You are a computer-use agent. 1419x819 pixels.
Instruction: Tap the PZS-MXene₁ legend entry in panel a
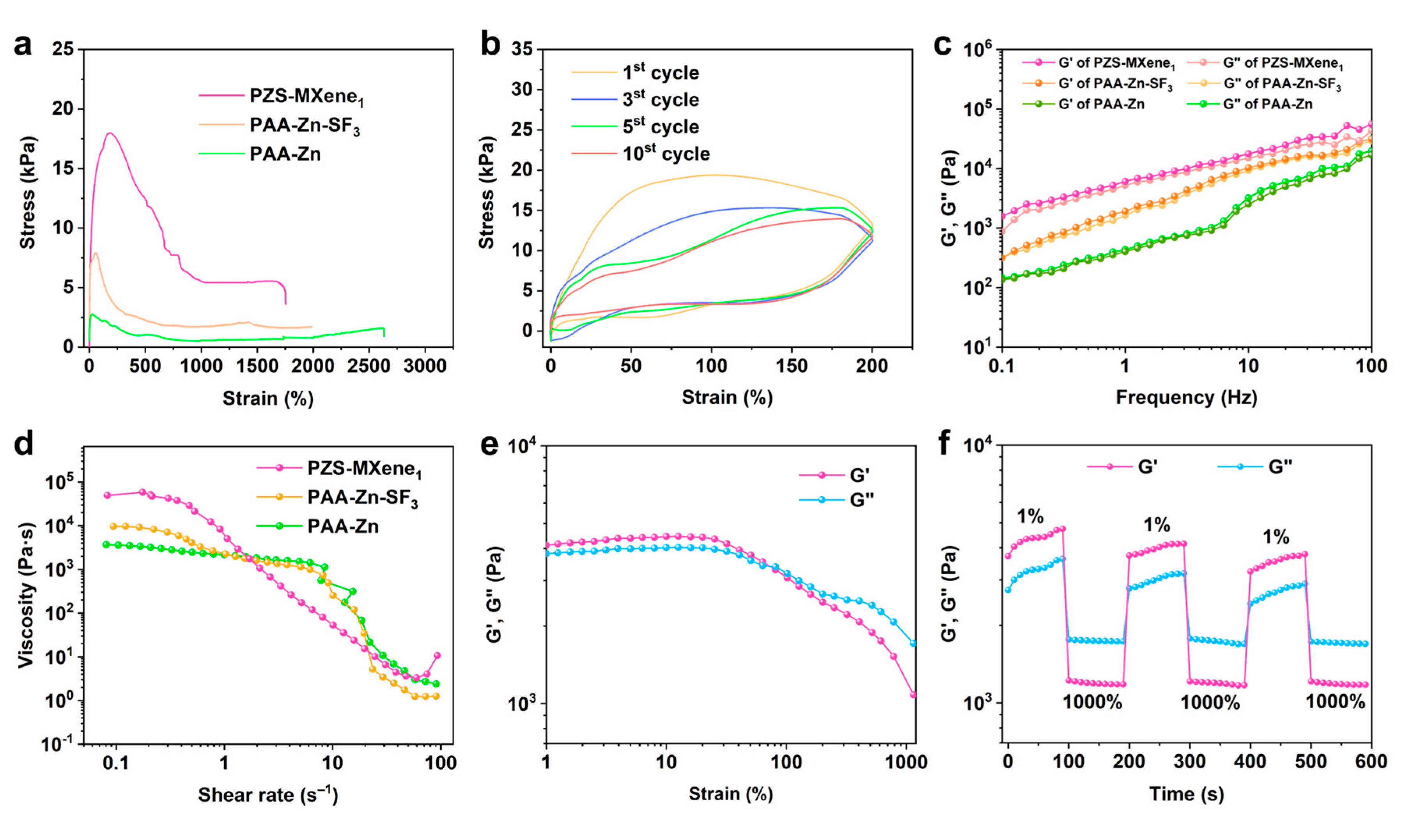coord(306,96)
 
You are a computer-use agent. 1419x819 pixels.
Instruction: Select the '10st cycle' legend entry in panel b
coord(666,154)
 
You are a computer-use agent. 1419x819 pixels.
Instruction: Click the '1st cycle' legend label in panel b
coord(660,73)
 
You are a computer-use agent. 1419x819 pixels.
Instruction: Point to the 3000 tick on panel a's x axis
coord(425,366)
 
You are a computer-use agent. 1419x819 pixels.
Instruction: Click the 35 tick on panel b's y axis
coord(521,50)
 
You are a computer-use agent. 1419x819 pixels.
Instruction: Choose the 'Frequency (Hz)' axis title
coord(1186,398)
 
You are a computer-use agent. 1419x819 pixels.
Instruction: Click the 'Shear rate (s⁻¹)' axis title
coord(268,795)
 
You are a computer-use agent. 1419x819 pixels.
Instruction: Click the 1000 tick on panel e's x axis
coord(906,762)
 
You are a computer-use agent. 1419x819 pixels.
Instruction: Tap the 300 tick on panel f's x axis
coord(1189,762)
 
